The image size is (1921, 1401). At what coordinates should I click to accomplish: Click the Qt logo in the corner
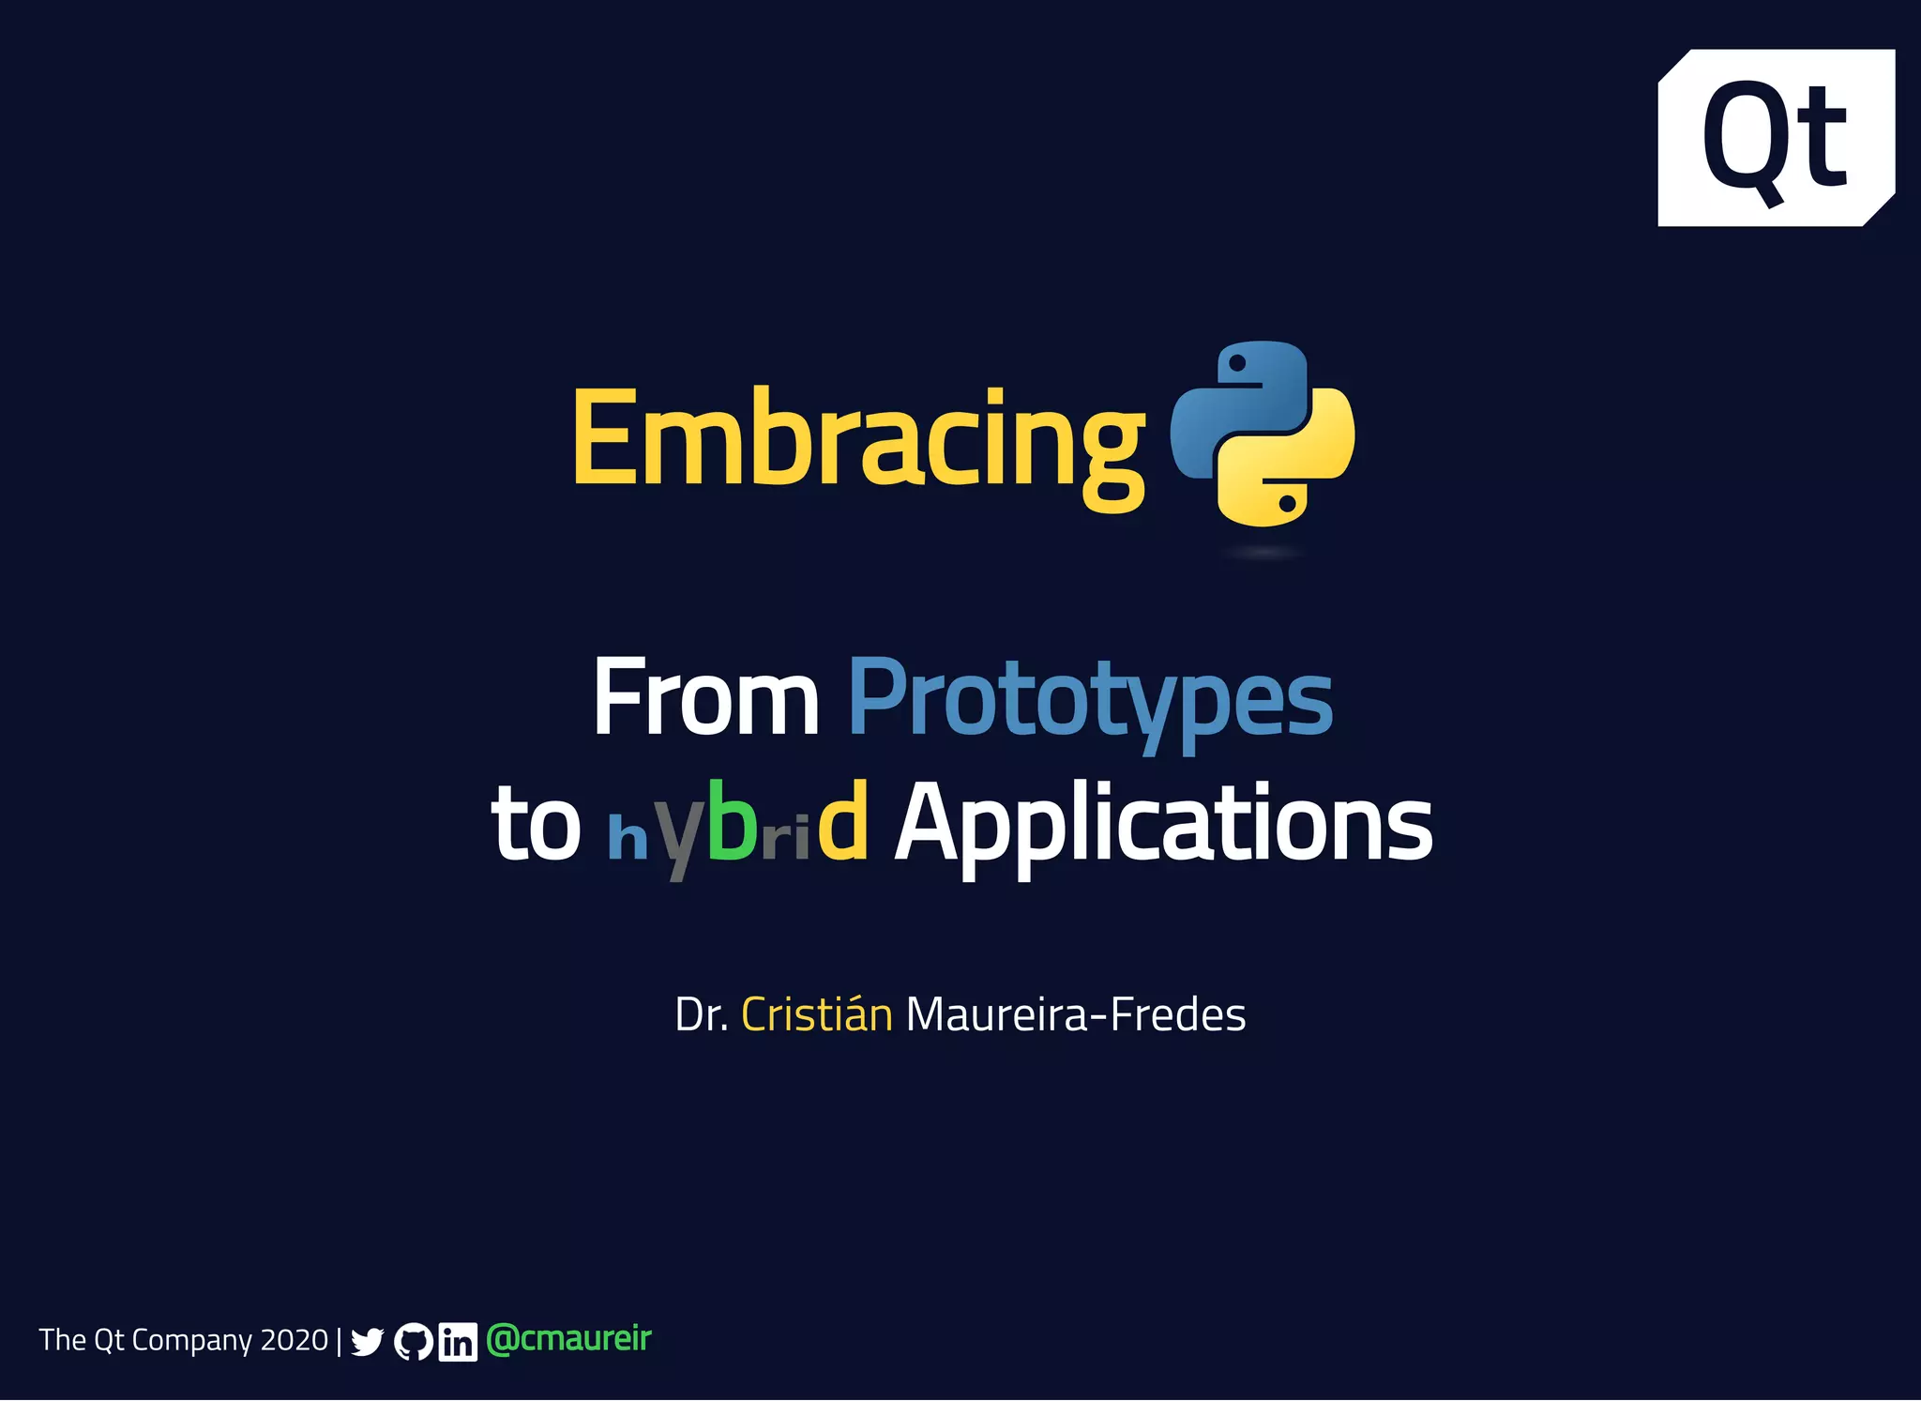1776,138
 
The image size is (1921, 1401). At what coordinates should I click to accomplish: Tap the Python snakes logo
1262,434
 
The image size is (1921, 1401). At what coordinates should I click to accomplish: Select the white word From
705,698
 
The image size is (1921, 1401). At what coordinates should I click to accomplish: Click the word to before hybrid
536,824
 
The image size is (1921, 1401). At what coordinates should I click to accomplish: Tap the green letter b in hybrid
732,820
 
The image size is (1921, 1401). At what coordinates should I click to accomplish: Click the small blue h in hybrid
628,837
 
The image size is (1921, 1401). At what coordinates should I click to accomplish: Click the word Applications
1163,824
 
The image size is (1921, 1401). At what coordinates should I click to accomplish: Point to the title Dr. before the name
701,1015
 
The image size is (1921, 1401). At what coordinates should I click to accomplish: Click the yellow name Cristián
816,1014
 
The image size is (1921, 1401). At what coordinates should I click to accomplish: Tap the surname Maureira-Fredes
1075,1015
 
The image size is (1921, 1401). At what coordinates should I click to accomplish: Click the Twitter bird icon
367,1342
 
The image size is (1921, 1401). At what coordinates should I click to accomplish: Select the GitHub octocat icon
413,1342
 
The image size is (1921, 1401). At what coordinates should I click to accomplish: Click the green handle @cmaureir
568,1339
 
